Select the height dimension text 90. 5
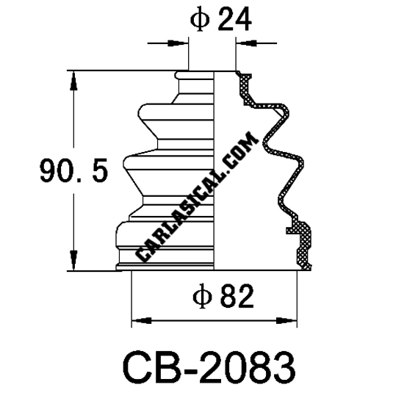tap(73, 170)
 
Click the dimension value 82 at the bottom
tap(237, 297)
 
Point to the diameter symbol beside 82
tap(202, 297)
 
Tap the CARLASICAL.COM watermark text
tap(197, 197)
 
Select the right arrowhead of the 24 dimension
tap(246, 43)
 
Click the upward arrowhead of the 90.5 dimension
tap(73, 81)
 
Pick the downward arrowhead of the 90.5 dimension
tap(73, 261)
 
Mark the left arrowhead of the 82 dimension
tap(142, 320)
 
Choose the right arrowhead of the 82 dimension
tap(286, 320)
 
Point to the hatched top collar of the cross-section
tap(245, 87)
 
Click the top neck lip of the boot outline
tap(194, 75)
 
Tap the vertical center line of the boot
tap(214, 170)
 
